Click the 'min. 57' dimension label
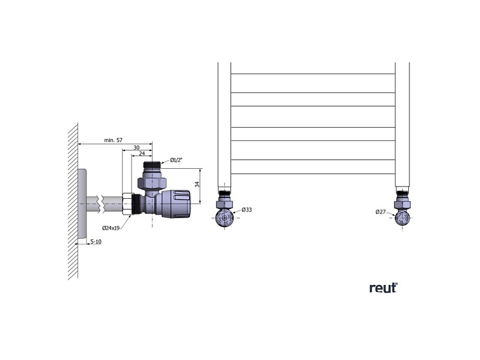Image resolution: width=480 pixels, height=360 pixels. point(113,140)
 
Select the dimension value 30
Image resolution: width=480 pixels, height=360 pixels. point(137,147)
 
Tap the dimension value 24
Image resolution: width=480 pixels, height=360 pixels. point(142,154)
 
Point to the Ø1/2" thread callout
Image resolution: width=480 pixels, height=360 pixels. point(177,160)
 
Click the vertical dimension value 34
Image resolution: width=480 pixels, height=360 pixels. point(197,184)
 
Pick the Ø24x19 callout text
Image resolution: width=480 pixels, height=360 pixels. point(111,228)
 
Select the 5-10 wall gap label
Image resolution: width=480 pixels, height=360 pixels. point(96,242)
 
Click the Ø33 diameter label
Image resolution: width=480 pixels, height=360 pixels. point(246,210)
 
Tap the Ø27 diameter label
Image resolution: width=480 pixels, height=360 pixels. point(380,211)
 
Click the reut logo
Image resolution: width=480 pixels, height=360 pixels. point(383,288)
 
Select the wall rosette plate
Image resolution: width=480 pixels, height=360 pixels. point(82,204)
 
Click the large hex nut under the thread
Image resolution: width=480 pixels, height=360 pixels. point(152,183)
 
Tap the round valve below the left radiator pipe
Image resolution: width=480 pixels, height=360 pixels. point(225,218)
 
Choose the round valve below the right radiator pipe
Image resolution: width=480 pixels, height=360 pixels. point(402,218)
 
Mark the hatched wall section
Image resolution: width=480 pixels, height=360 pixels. point(73,201)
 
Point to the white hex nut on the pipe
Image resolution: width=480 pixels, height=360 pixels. point(127,204)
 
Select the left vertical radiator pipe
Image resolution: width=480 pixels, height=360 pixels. point(224,124)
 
